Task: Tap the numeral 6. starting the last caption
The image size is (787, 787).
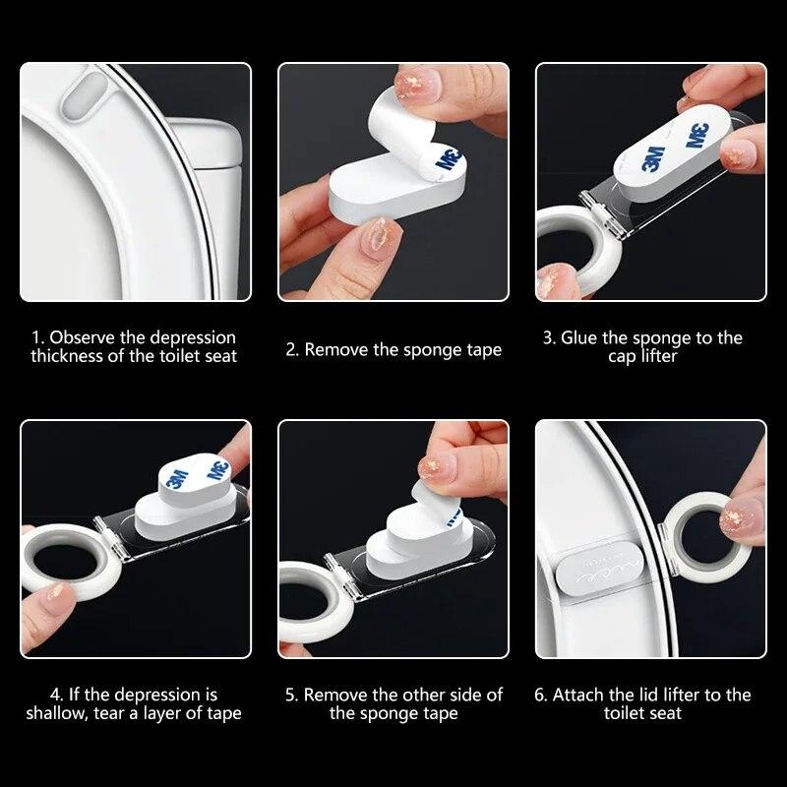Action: tap(541, 695)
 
